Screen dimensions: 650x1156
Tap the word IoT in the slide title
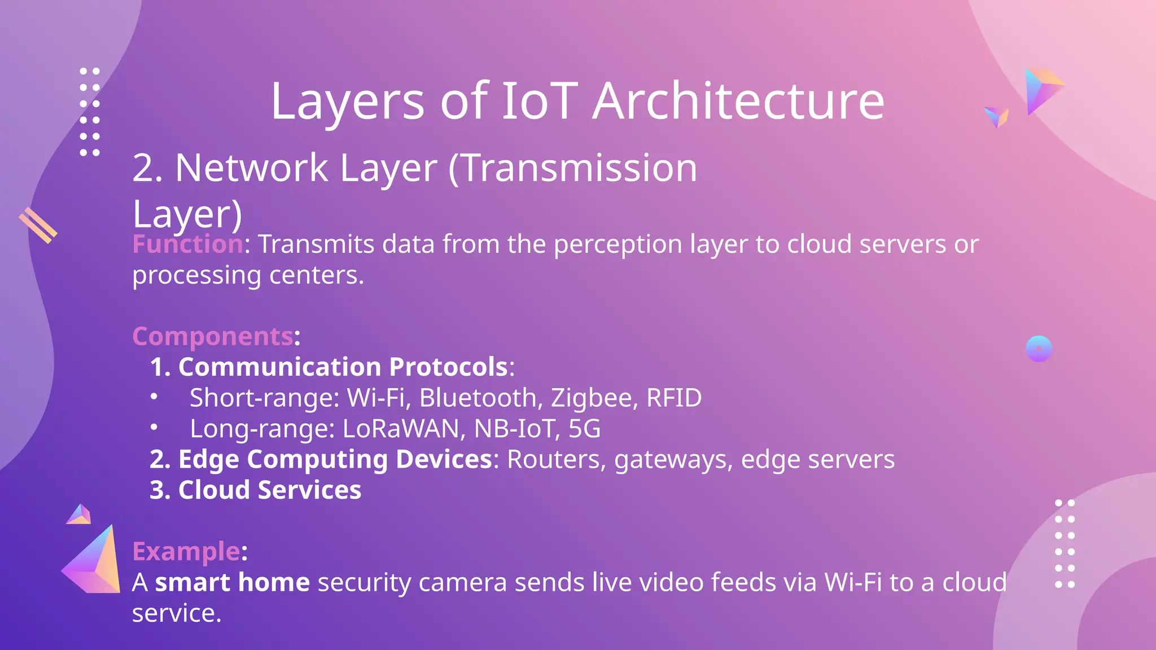tap(540, 102)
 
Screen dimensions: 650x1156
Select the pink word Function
tap(187, 244)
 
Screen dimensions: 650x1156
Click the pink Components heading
tap(213, 336)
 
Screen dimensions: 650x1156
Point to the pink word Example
tap(186, 551)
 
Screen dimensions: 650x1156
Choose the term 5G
tap(584, 429)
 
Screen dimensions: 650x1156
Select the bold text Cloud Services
tap(270, 490)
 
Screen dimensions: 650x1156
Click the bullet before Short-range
tap(154, 397)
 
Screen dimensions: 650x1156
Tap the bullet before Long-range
tap(154, 428)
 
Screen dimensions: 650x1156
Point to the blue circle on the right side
tap(1039, 349)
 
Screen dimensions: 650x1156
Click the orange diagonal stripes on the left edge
tap(38, 226)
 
